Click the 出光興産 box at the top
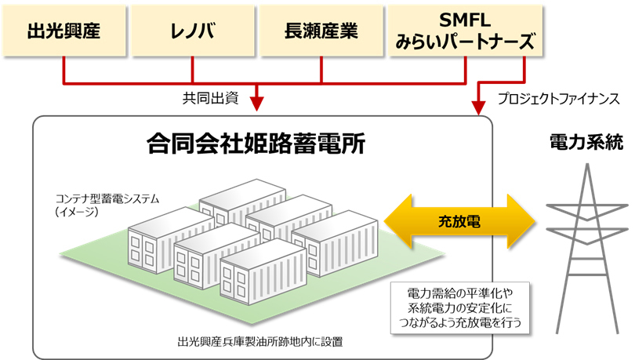coord(64,32)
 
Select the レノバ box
coord(192,32)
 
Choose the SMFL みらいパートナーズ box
coord(466,32)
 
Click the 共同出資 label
coord(209,99)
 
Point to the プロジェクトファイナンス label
coord(559,100)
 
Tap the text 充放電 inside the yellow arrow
coord(459,222)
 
